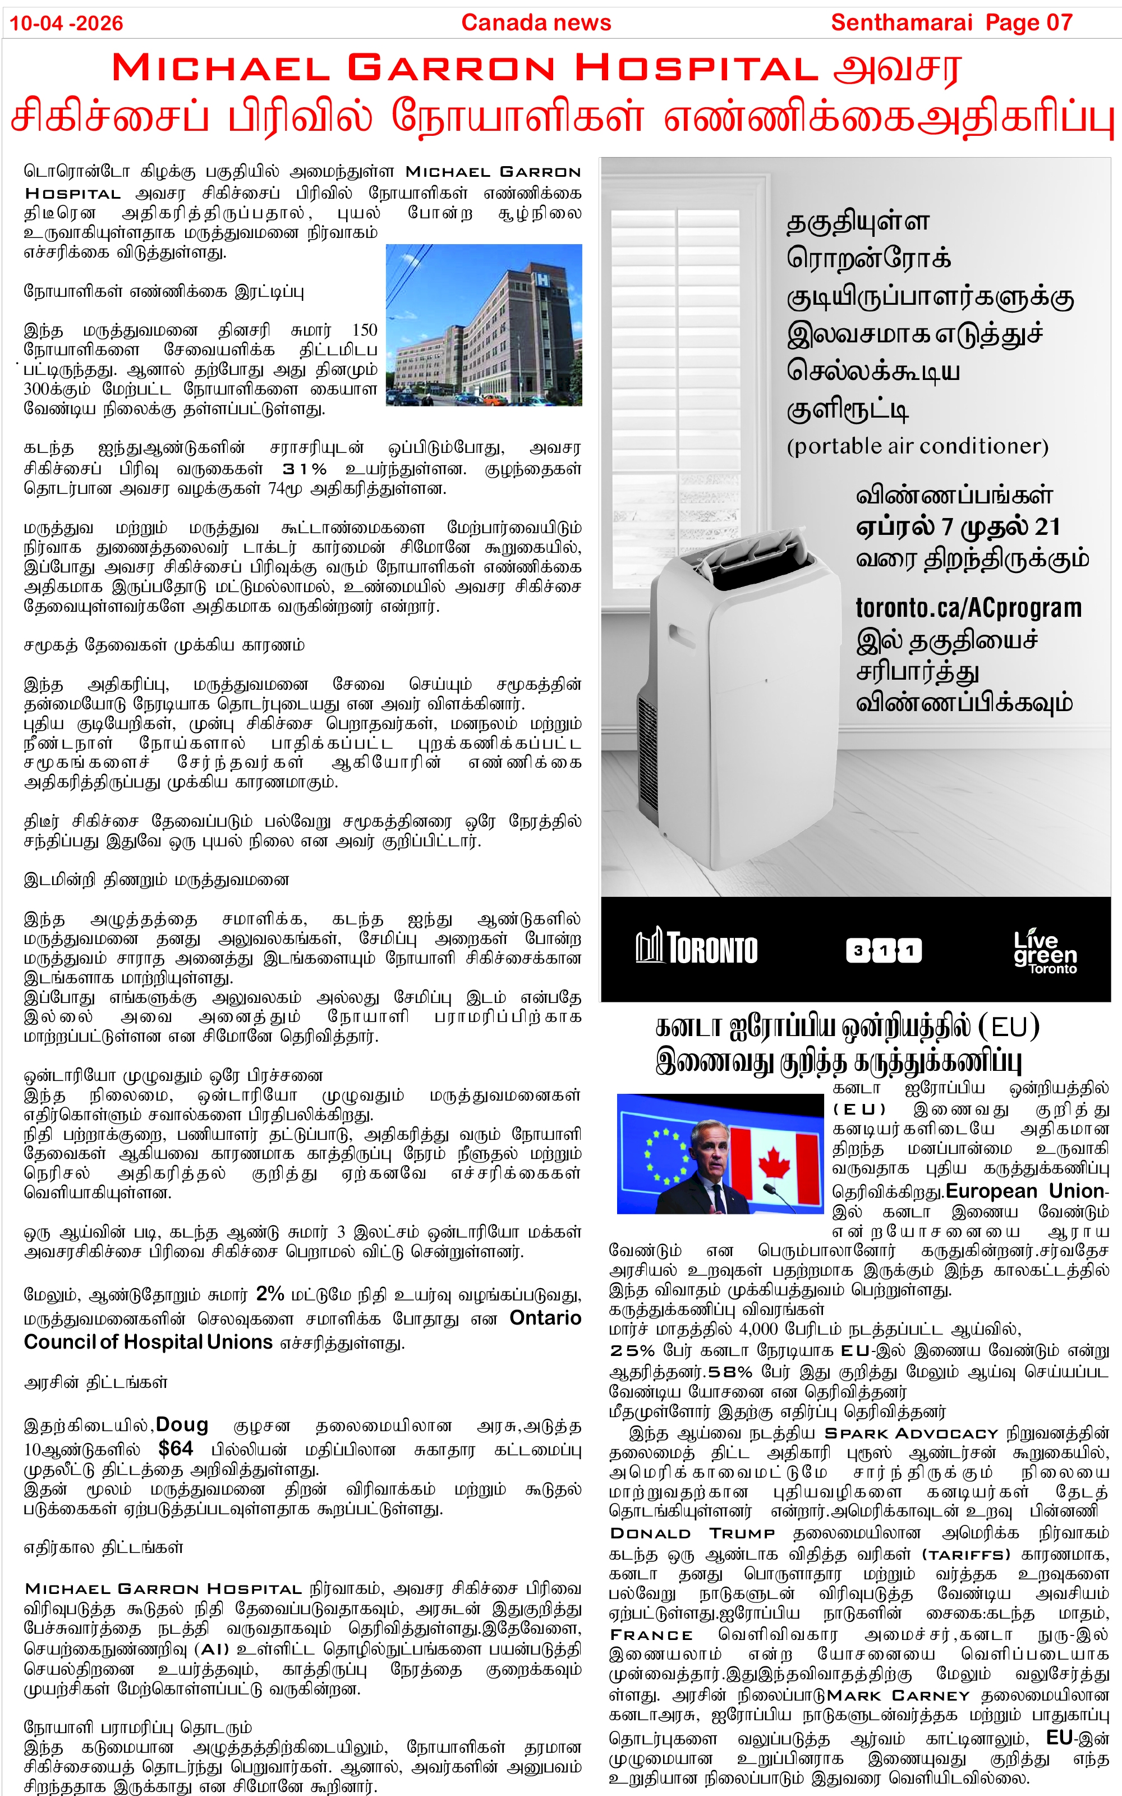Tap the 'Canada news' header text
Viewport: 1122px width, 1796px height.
pos(536,23)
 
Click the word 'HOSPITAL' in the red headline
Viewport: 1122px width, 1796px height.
pos(697,69)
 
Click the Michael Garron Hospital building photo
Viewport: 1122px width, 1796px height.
pos(484,325)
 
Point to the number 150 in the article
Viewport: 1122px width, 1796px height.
pos(364,329)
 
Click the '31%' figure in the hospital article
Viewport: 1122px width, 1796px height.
pos(304,469)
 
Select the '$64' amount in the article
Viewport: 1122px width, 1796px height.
pos(176,1448)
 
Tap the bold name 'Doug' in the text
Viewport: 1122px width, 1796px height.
pos(182,1425)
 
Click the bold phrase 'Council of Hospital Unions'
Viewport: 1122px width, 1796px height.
pos(149,1342)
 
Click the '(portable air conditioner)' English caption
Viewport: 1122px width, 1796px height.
pos(917,446)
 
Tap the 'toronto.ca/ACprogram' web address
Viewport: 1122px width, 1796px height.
pos(968,608)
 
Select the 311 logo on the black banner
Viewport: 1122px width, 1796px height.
pos(884,950)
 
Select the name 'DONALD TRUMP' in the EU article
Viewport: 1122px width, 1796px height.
pos(692,1533)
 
